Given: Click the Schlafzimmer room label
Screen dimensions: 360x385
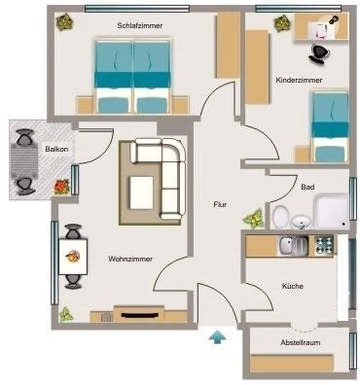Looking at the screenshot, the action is coord(140,25).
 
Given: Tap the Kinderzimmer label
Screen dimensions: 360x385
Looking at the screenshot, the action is coord(299,80).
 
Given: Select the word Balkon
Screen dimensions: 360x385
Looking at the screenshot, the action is coord(56,150).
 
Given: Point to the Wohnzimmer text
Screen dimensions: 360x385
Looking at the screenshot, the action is coord(130,260).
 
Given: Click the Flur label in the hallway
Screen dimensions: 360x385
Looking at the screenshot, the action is coord(220,204).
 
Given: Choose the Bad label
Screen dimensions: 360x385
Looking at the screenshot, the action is coord(307,187).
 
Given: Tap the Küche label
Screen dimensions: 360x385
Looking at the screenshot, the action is coord(293,286).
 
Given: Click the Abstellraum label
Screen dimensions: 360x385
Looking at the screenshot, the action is coord(301,342).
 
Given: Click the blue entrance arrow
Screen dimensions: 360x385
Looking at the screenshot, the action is coord(217,336).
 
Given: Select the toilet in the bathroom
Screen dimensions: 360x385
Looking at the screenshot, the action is coord(281,217).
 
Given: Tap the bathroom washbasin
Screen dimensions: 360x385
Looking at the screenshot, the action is coord(301,223).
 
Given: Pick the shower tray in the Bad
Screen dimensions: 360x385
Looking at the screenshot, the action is coord(331,211).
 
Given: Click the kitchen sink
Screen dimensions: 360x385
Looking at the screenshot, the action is coord(293,246).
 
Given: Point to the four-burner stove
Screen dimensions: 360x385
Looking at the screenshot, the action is coord(324,245).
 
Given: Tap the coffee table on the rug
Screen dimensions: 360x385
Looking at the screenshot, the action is coord(141,192).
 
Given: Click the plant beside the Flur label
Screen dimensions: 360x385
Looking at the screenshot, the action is coord(253,218).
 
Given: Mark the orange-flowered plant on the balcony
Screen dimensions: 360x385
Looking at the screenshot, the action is coord(61,187).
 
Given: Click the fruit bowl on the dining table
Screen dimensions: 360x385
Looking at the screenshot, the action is coord(73,257).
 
